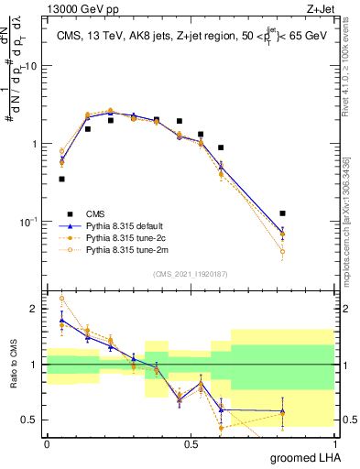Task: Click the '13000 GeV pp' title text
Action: (81, 8)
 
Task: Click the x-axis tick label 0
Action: (47, 442)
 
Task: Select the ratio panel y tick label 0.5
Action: (32, 420)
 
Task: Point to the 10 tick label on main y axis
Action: (31, 66)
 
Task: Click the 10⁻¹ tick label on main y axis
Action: (29, 222)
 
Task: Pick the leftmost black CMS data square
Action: (61, 179)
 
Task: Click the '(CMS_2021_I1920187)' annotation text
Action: (190, 272)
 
